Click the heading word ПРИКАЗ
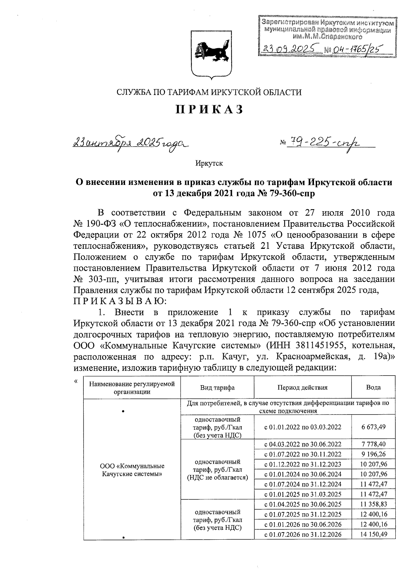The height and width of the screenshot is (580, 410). click(209, 109)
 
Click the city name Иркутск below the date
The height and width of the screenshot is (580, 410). click(209, 163)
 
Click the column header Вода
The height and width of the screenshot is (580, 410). click(373, 387)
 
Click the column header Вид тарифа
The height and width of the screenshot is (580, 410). click(217, 388)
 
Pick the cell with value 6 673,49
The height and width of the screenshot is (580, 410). click(373, 427)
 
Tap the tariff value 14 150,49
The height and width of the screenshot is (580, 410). click(373, 534)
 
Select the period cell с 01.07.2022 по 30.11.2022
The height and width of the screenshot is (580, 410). click(303, 454)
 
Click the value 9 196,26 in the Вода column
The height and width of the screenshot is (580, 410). click(373, 454)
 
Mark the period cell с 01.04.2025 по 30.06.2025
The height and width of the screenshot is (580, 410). click(303, 504)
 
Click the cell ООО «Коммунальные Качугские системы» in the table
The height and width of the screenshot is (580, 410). click(132, 470)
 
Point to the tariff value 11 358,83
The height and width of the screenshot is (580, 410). click(373, 504)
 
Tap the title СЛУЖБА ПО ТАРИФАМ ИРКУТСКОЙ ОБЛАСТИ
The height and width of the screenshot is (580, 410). click(209, 92)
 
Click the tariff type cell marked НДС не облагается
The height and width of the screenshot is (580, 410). click(217, 469)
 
